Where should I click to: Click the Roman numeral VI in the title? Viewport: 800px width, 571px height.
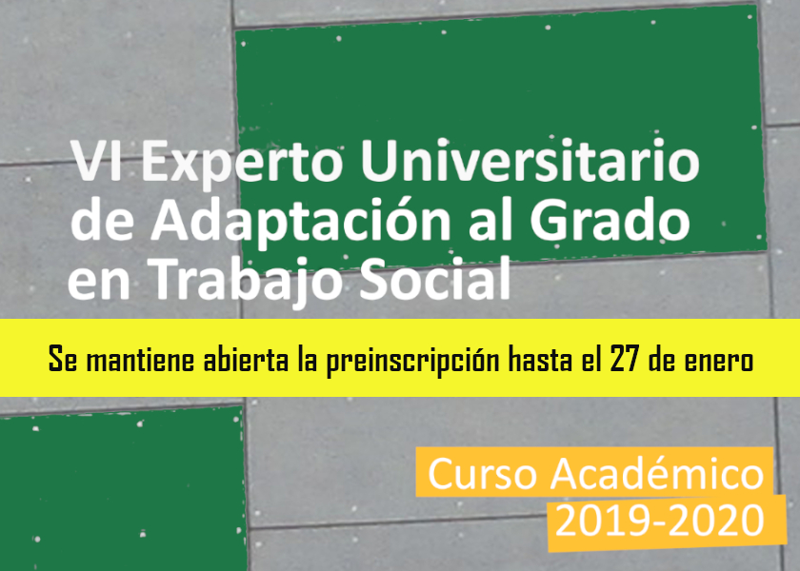coord(96,161)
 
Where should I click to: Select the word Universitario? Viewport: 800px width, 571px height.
coord(530,160)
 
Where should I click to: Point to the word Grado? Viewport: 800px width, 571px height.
coord(610,219)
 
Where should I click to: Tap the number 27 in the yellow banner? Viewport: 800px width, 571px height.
coord(625,360)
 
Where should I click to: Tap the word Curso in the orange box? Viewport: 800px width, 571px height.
coord(483,474)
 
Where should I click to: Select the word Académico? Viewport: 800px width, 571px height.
coord(656,473)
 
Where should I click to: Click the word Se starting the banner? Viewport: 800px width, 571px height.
coord(63,359)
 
